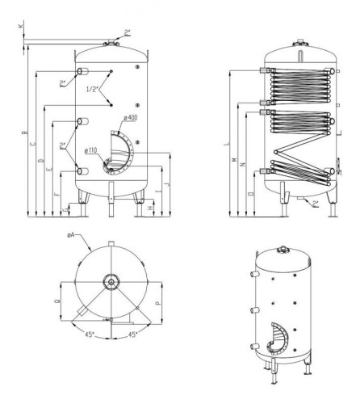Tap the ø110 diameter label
(x=91, y=150)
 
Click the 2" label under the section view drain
(x=316, y=204)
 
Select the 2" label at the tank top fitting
(x=128, y=32)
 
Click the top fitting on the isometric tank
(x=284, y=248)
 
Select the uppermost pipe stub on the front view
(x=82, y=73)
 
